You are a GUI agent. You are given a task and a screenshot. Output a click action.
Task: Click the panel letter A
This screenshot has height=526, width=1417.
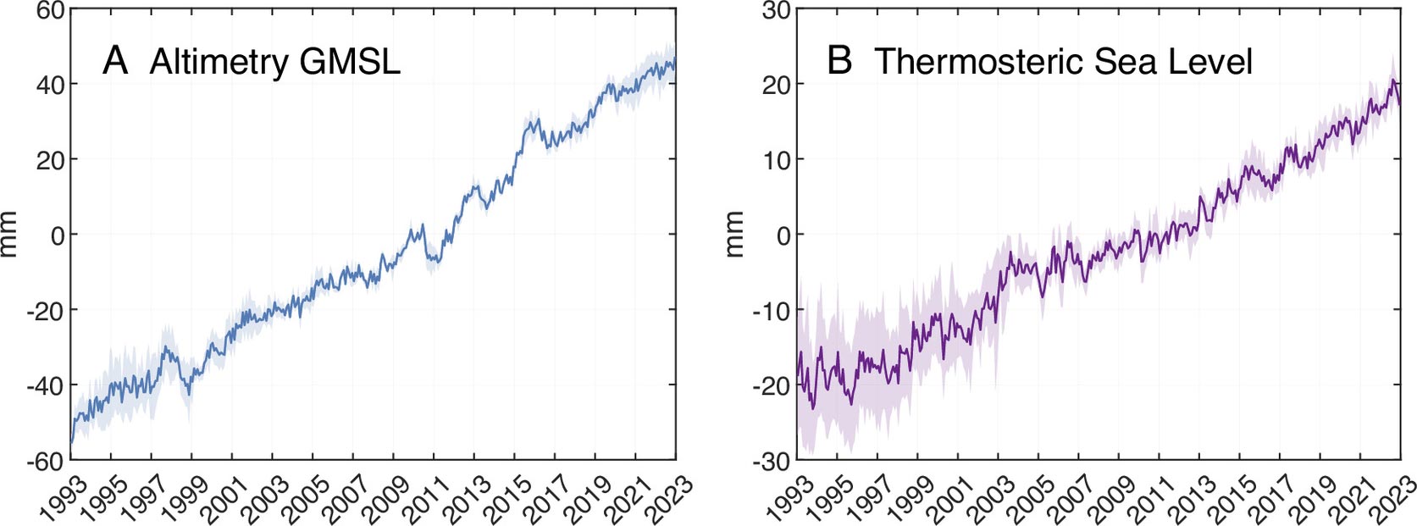[x=115, y=61]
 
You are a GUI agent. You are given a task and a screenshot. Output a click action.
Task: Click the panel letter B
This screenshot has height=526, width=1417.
[x=839, y=61]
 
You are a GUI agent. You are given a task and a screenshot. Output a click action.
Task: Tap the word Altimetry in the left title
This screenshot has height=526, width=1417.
[x=219, y=63]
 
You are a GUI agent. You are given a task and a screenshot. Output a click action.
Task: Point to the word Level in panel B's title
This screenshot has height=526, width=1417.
[x=1209, y=62]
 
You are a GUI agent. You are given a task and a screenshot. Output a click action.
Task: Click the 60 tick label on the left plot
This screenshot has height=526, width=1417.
[x=50, y=11]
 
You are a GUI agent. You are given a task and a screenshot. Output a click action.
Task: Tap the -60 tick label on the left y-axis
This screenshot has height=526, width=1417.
[x=46, y=461]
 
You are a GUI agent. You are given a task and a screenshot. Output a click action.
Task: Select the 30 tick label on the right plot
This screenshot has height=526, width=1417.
[x=776, y=11]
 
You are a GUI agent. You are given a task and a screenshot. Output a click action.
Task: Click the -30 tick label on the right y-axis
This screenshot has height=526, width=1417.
[x=772, y=461]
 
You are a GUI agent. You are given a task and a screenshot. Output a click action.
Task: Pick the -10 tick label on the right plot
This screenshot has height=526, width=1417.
[x=772, y=311]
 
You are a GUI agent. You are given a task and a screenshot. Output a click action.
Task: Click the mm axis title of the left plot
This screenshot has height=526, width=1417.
[x=9, y=235]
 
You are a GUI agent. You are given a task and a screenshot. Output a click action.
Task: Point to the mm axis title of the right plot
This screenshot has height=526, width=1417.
[x=733, y=235]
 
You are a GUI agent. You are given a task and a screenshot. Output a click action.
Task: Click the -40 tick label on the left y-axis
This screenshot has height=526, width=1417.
[x=46, y=385]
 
